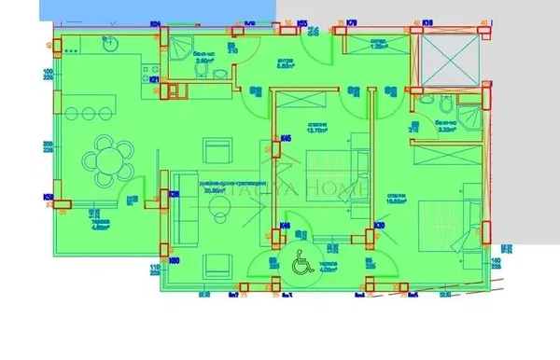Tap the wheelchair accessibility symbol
click(x=302, y=265)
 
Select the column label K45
click(x=285, y=140)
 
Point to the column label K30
click(x=380, y=226)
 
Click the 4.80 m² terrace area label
click(x=101, y=226)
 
